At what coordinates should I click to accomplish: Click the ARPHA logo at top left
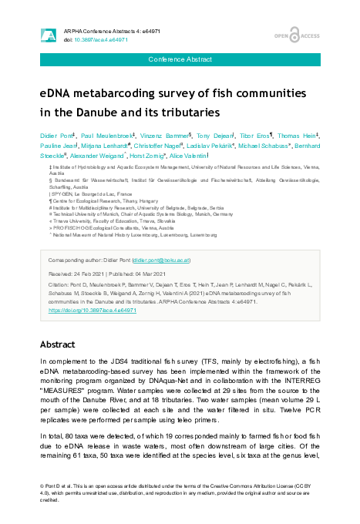48,35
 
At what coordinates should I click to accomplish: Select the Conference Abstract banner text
180,59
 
